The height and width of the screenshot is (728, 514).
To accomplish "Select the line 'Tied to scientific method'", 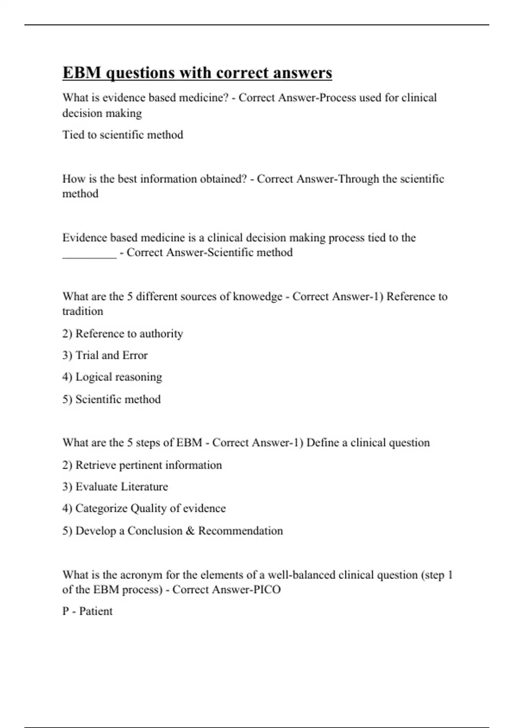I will (x=123, y=135).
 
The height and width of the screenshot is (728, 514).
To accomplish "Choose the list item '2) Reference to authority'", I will (x=123, y=334).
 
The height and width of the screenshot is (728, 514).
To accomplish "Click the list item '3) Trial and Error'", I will (x=105, y=355).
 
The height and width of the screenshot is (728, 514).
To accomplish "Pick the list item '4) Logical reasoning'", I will (x=112, y=377).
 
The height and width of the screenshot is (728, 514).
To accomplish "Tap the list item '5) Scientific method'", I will (x=111, y=399).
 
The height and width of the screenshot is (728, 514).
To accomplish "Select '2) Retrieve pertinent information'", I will (x=142, y=465).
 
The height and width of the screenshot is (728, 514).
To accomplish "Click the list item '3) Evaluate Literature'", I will (x=115, y=487).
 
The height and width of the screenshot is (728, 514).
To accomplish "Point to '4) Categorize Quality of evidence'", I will (x=144, y=508).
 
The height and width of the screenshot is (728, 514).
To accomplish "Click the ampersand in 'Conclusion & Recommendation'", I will (x=190, y=531).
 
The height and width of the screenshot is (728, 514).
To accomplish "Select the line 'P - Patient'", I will (x=87, y=611).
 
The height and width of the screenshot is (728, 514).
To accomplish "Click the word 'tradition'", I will (x=83, y=311).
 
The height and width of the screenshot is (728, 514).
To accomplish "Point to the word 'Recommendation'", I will (x=240, y=531).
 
